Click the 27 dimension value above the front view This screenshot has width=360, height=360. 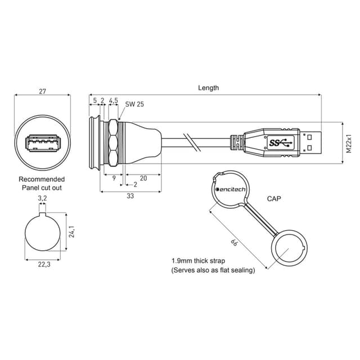coord(43,91)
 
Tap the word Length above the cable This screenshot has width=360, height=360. coord(208,88)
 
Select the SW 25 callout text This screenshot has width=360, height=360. coord(134,104)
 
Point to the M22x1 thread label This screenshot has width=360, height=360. coord(349,143)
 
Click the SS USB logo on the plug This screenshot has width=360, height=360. coord(281,143)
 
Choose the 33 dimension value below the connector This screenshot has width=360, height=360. coord(130,196)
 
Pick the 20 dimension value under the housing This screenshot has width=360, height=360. coord(143,178)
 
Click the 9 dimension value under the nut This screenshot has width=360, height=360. coord(114,178)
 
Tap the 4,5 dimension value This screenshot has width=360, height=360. coord(114,100)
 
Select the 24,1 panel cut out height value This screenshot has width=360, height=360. coord(72,231)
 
